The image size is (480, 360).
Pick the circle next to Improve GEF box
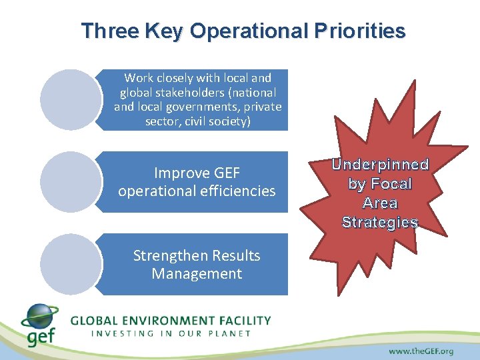click(x=70, y=182)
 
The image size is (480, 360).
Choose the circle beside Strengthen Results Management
click(x=70, y=264)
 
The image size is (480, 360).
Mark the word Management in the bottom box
click(x=197, y=273)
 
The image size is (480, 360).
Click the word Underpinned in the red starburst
click(x=380, y=165)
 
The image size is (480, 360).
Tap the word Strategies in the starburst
click(x=380, y=223)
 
